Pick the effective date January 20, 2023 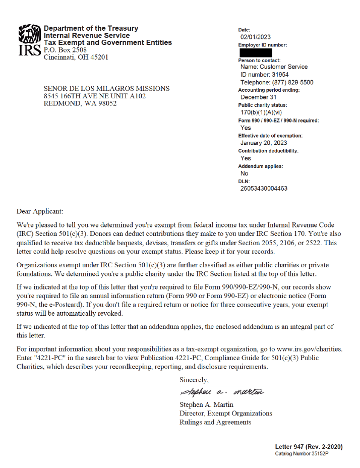pos(267,143)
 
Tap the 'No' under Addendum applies pos(245,173)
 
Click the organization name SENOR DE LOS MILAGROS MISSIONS pos(107,88)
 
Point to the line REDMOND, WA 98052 pos(80,103)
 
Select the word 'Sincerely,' pos(194,380)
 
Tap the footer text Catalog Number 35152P pos(302,454)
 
